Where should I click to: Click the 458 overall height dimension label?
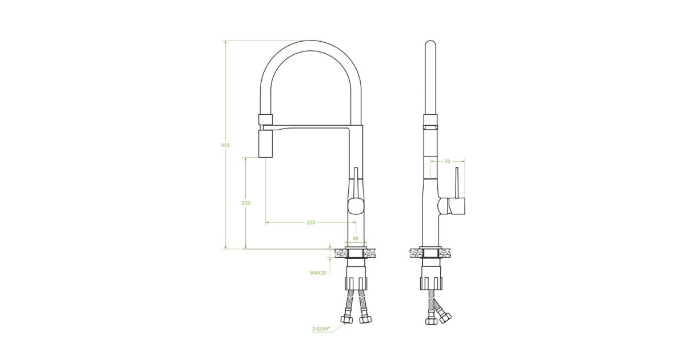tap(225, 145)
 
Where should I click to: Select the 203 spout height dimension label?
tap(246, 203)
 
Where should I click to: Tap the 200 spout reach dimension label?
tap(311, 222)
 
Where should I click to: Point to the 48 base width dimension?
tap(356, 238)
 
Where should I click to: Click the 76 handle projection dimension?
tap(447, 161)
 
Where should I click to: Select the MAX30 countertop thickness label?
tap(318, 273)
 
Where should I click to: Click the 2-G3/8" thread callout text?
tap(321, 329)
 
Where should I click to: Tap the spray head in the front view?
tap(265, 143)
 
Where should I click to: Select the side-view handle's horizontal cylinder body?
tap(457, 206)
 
